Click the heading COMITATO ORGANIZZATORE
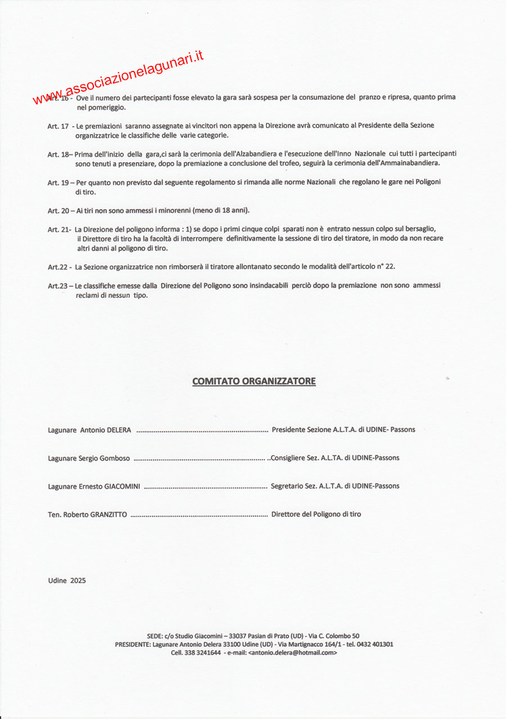[x=254, y=381]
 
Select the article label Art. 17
[x=58, y=126]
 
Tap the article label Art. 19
[x=58, y=182]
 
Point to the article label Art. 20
[x=58, y=210]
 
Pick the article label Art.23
[x=57, y=286]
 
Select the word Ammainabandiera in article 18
[x=412, y=163]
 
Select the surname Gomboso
[x=115, y=458]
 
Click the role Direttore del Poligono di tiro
[x=316, y=514]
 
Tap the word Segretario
[x=288, y=486]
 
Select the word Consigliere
[x=290, y=458]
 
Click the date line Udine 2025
[x=67, y=581]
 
